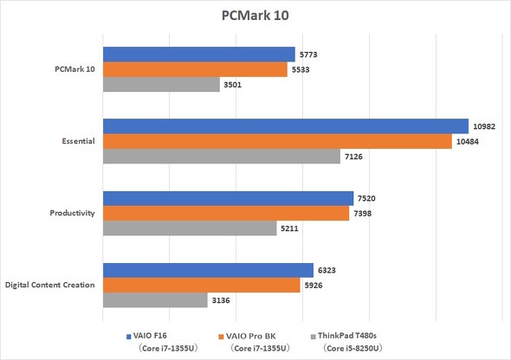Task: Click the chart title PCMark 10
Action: [255, 16]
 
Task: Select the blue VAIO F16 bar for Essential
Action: [286, 126]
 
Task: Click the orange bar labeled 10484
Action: [277, 141]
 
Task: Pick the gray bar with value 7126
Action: [222, 156]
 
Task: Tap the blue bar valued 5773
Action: [199, 55]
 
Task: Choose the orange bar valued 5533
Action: [195, 69]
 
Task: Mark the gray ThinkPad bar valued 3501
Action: [161, 84]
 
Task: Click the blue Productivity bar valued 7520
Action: [229, 198]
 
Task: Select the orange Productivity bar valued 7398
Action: [226, 213]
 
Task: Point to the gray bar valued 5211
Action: [190, 228]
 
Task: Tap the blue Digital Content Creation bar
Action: [208, 270]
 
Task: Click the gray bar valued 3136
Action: [155, 299]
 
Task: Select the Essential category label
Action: [75, 141]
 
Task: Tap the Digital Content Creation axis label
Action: [49, 285]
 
